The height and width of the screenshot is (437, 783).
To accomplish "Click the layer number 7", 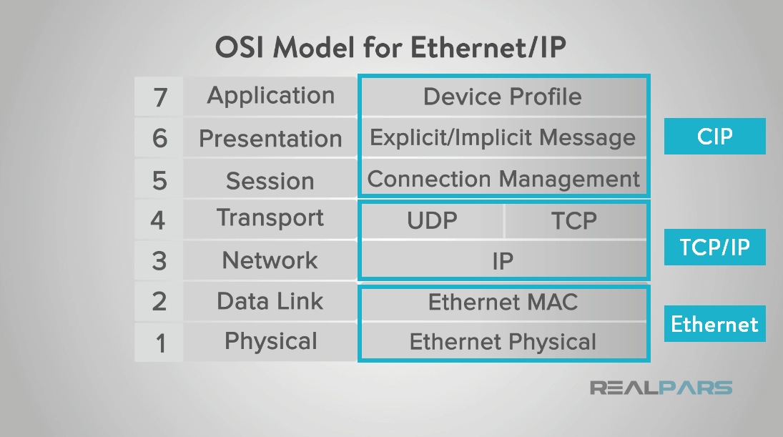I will click(159, 97).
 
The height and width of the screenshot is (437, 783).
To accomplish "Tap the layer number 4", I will click(159, 220).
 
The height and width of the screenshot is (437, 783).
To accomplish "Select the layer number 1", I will click(159, 343).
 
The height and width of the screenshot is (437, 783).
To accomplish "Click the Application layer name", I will click(270, 96).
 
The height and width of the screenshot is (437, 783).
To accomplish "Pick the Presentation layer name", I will click(270, 138).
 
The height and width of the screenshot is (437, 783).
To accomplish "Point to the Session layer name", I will click(270, 181).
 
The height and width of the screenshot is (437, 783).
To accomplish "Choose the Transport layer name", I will click(270, 218).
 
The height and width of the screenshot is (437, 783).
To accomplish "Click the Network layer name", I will click(270, 260).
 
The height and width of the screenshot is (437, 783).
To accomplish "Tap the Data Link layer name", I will click(270, 301).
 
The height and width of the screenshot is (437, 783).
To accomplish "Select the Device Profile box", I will click(503, 97).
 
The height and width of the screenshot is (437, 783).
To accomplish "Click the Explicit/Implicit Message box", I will click(503, 137).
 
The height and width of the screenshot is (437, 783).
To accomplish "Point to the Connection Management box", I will click(503, 178).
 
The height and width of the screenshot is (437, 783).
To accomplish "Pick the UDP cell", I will click(432, 220).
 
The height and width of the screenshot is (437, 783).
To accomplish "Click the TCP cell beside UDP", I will click(574, 220).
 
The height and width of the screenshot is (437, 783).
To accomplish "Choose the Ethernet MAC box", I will click(503, 303).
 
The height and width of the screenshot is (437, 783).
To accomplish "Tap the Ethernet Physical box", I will click(503, 342).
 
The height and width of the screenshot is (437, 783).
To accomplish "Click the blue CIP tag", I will click(714, 136).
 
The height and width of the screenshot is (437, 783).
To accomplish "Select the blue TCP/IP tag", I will click(714, 247).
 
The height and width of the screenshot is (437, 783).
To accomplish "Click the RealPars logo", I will click(661, 388).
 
